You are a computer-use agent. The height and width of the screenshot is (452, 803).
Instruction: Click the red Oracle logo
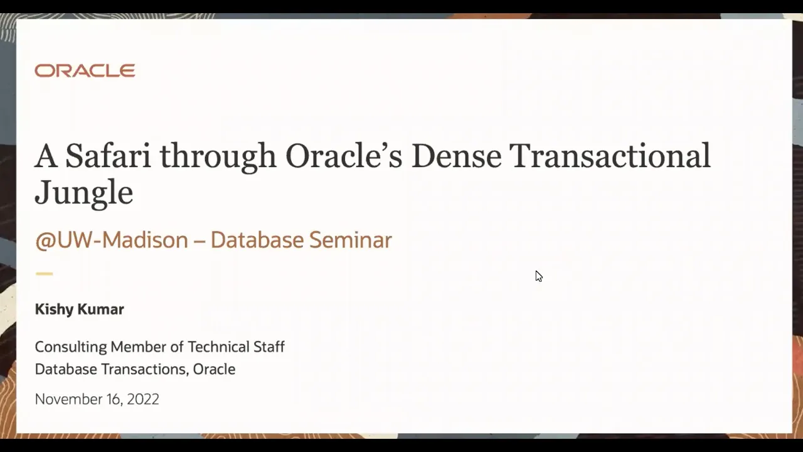pyautogui.click(x=85, y=71)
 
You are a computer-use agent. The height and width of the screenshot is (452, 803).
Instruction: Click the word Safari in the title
pyautogui.click(x=108, y=156)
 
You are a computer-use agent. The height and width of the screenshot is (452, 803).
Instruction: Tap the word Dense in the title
pyautogui.click(x=456, y=156)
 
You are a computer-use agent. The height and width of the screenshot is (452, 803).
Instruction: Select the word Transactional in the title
pyautogui.click(x=610, y=156)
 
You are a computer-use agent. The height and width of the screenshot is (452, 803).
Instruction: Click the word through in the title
pyautogui.click(x=218, y=158)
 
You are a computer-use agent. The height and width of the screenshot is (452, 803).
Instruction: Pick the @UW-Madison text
pyautogui.click(x=112, y=240)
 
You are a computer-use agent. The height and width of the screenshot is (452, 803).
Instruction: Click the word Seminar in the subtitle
pyautogui.click(x=350, y=240)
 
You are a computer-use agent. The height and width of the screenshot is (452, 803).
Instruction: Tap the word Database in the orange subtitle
pyautogui.click(x=257, y=240)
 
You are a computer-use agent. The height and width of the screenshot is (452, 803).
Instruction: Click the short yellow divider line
pyautogui.click(x=44, y=274)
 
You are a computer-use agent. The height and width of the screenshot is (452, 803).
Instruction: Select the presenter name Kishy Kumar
pyautogui.click(x=80, y=309)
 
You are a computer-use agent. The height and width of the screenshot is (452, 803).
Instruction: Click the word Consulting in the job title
pyautogui.click(x=71, y=347)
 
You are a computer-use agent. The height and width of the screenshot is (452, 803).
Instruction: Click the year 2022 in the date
pyautogui.click(x=142, y=399)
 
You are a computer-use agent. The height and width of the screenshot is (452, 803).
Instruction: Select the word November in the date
pyautogui.click(x=66, y=399)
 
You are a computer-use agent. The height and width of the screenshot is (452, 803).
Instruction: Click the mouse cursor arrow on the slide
pyautogui.click(x=539, y=276)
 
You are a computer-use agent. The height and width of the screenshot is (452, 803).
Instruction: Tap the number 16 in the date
pyautogui.click(x=112, y=399)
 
